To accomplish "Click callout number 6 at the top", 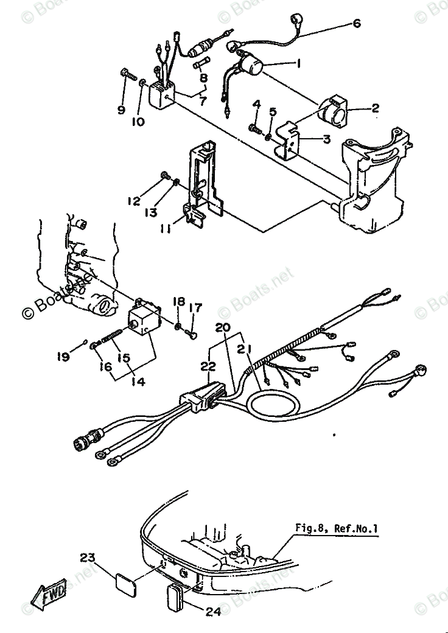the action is (356, 23).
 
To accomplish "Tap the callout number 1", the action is (298, 63).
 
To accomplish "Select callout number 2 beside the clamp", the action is (375, 108).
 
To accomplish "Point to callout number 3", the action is (326, 139).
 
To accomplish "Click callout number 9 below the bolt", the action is (121, 110).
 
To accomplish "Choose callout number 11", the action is (165, 228).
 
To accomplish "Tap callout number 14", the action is (138, 381).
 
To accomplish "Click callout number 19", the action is (63, 357).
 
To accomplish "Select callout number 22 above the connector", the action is (208, 366).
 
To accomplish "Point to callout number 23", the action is (87, 558).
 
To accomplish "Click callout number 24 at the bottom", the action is (213, 612).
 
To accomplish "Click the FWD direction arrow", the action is (49, 594).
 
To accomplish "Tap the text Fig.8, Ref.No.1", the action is (337, 528).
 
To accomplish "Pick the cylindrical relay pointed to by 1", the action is (250, 65).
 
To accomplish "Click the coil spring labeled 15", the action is (112, 336).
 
